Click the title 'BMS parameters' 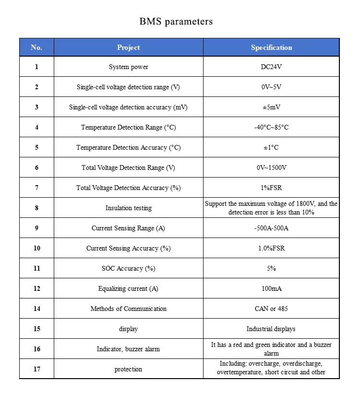176,22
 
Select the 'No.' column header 36,48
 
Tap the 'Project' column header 128,48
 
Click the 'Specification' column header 271,48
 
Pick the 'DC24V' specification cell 271,67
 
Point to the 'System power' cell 128,67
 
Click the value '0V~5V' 271,87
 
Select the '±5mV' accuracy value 271,107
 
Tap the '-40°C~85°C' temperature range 271,128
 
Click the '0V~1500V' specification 271,168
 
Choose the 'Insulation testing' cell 128,208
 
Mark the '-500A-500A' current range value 271,228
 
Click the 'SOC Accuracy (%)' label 128,269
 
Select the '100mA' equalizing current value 271,289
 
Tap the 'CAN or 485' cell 271,309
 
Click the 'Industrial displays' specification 271,329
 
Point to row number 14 36,309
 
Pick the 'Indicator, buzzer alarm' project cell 128,349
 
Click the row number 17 36,369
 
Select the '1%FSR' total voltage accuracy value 271,188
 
